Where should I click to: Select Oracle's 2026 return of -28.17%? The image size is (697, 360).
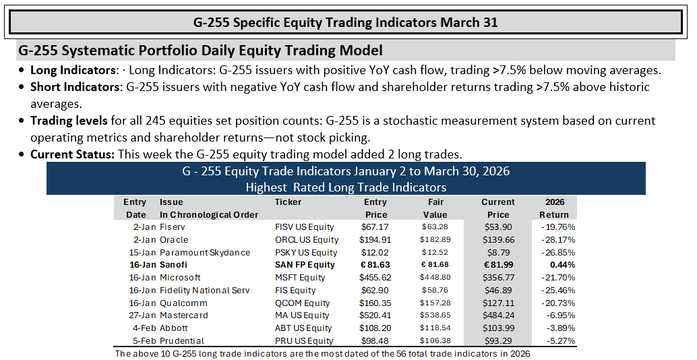click(x=558, y=240)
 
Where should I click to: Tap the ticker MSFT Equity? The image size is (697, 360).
click(x=300, y=278)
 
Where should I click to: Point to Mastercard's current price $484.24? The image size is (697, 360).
click(x=498, y=316)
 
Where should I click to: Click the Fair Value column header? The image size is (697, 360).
click(x=435, y=208)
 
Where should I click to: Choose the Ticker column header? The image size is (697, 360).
click(x=288, y=202)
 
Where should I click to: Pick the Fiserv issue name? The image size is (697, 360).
click(x=173, y=227)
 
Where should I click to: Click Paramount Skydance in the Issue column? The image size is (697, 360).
click(x=205, y=252)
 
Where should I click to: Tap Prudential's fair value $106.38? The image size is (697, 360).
click(x=435, y=341)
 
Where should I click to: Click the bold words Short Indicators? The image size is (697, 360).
click(x=75, y=87)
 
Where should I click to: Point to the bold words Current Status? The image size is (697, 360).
click(x=72, y=154)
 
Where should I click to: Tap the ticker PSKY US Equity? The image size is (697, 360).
click(x=306, y=252)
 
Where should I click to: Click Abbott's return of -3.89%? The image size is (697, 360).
click(x=560, y=328)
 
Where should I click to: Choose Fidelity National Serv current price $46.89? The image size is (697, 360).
click(x=498, y=291)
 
